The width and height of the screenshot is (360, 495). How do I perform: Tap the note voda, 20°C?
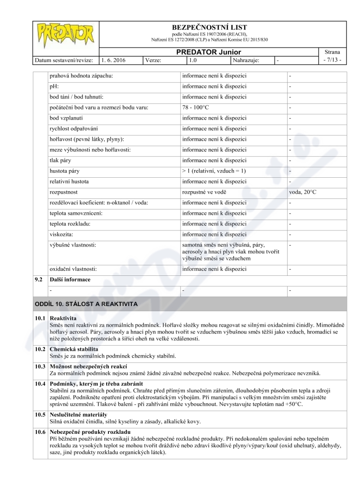click(303, 192)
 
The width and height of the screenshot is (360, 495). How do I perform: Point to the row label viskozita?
click(61, 234)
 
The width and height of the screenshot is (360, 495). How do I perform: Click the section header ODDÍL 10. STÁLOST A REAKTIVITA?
click(86, 304)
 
